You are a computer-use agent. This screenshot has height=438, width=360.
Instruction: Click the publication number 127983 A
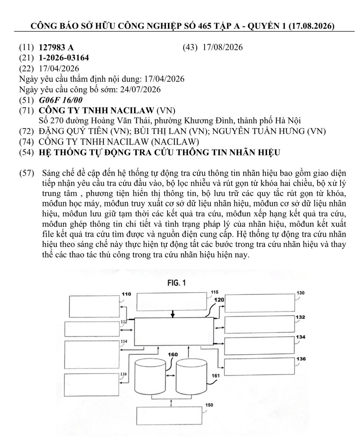[x=56, y=48]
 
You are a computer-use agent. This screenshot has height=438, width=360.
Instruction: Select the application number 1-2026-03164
[x=64, y=58]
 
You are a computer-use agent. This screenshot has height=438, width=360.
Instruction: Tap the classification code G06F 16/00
[x=61, y=100]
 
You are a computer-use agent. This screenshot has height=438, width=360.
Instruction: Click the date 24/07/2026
[x=140, y=90]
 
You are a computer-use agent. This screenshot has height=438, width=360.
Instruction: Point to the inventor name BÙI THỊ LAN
[x=160, y=131]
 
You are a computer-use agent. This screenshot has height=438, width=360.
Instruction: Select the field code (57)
[x=27, y=173]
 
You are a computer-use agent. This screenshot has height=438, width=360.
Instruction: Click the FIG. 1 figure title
[x=177, y=283]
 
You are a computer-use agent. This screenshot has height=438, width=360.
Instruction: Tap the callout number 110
[x=126, y=294]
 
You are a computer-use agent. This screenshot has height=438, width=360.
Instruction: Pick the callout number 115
[x=215, y=292]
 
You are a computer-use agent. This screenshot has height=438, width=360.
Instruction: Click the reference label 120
[x=219, y=300]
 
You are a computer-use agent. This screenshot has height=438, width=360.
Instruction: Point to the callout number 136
[x=301, y=359]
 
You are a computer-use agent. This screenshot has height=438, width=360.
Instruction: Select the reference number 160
[x=173, y=355]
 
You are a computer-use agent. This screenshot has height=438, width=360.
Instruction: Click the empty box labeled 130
[x=260, y=303]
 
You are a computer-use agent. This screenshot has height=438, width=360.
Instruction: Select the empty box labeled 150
[x=169, y=415]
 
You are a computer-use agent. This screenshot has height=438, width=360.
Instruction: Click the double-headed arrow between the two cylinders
[x=171, y=375]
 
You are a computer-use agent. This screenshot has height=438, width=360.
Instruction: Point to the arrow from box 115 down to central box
[x=172, y=314]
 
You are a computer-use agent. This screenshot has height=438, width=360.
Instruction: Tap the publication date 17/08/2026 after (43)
[x=222, y=47]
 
